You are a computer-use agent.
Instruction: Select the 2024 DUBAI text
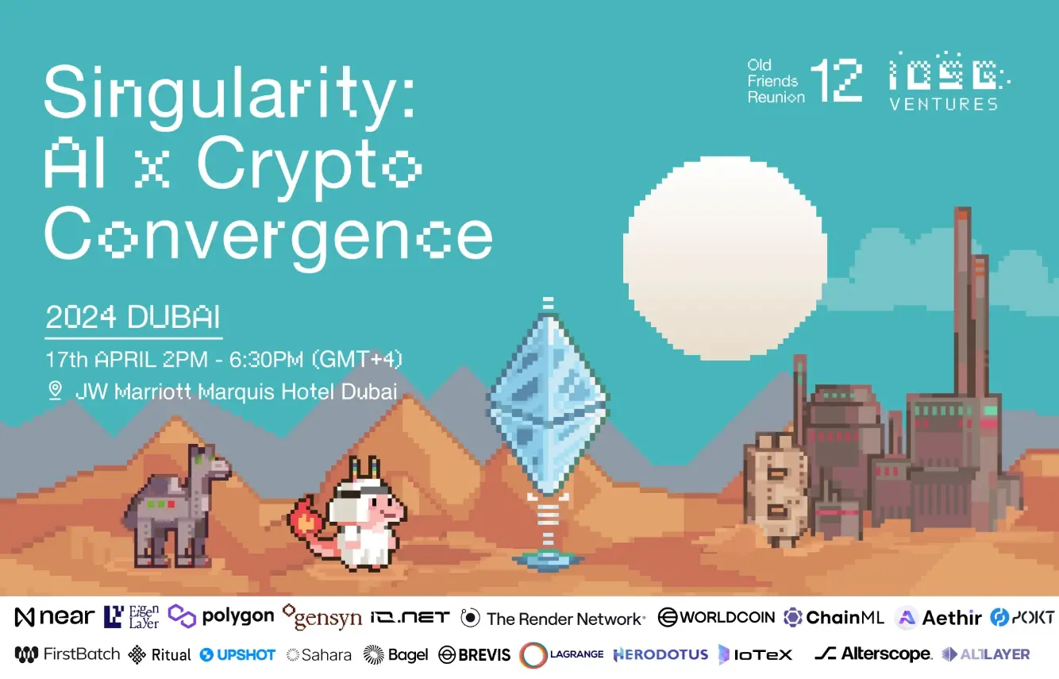click(133, 317)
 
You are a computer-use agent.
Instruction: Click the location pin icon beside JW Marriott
click(56, 391)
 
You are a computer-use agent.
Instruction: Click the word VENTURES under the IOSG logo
click(943, 104)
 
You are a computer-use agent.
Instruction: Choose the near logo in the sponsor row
click(54, 617)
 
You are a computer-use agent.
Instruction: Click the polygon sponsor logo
click(221, 616)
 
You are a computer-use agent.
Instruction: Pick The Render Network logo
click(553, 618)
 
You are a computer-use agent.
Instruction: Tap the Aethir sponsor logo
click(939, 618)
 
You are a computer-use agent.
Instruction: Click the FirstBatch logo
click(67, 654)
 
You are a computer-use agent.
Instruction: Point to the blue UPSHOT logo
click(237, 655)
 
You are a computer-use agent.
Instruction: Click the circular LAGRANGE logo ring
click(533, 655)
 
